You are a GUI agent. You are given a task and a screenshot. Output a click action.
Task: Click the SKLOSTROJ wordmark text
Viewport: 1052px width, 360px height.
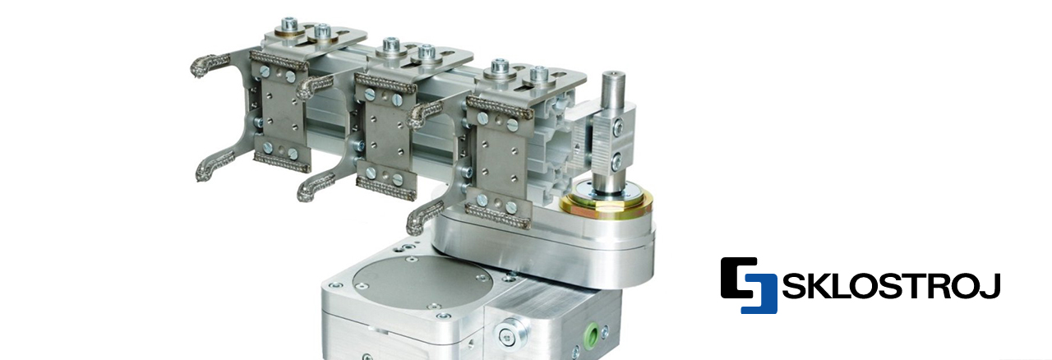click(891, 286)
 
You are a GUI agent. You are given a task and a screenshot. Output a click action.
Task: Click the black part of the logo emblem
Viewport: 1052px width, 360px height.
click(737, 277)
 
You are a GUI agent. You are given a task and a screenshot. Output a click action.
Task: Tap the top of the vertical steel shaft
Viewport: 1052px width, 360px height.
click(614, 76)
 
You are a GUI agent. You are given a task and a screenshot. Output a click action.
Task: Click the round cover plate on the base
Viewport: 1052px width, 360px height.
click(422, 283)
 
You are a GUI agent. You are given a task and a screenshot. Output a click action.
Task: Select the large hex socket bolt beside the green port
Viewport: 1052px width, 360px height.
click(510, 335)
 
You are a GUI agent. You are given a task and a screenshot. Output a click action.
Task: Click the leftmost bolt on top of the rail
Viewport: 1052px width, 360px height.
click(288, 25)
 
